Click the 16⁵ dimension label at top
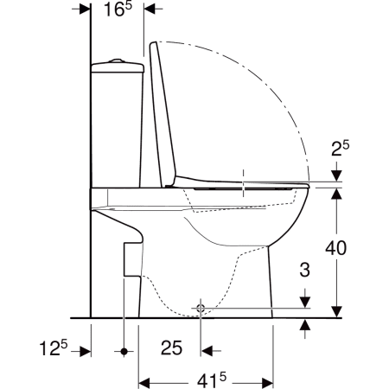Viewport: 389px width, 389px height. [x=118, y=10]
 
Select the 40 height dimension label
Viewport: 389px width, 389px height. [x=336, y=248]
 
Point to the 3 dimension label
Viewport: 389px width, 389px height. [x=305, y=270]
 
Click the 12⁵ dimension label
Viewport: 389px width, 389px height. [x=54, y=348]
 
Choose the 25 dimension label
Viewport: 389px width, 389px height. [x=171, y=348]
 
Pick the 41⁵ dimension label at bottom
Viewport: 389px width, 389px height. [x=212, y=381]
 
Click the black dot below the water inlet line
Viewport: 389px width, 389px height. [x=124, y=352]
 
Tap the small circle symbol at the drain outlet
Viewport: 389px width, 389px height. [x=201, y=309]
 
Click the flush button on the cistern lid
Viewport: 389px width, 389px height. [x=117, y=61]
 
